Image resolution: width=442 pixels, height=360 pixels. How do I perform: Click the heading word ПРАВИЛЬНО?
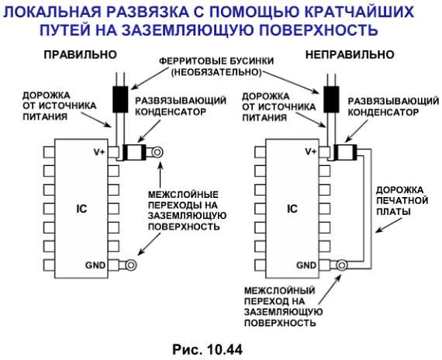pos(81,55)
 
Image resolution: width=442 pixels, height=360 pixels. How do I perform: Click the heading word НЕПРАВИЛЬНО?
pos(350,55)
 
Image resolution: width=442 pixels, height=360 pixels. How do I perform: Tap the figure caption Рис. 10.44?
pos(208,350)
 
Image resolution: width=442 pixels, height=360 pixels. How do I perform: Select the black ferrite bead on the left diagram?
pos(120,99)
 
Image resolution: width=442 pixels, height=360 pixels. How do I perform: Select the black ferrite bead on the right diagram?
pos(331,99)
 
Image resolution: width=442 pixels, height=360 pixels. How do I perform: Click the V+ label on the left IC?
pos(99,152)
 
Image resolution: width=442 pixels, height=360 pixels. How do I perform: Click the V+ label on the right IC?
pos(311,152)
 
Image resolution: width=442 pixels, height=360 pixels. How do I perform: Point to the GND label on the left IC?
pos(95,265)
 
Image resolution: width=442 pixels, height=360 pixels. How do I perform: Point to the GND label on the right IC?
pos(307,265)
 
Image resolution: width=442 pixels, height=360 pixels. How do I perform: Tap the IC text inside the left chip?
pos(81,209)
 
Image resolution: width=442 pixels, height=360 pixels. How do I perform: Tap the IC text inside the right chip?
pos(292,209)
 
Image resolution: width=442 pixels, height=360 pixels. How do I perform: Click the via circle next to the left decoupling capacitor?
pos(157,152)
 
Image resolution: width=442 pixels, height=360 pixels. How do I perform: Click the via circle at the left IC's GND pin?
pos(131,265)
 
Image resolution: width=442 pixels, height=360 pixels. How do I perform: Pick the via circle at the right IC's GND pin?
pos(342,265)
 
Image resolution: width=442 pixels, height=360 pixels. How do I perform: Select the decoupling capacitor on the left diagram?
pos(134,152)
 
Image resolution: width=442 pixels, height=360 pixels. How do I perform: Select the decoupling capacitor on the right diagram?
pos(345,152)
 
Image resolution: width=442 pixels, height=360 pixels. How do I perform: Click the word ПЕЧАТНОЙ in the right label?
pos(402,201)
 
